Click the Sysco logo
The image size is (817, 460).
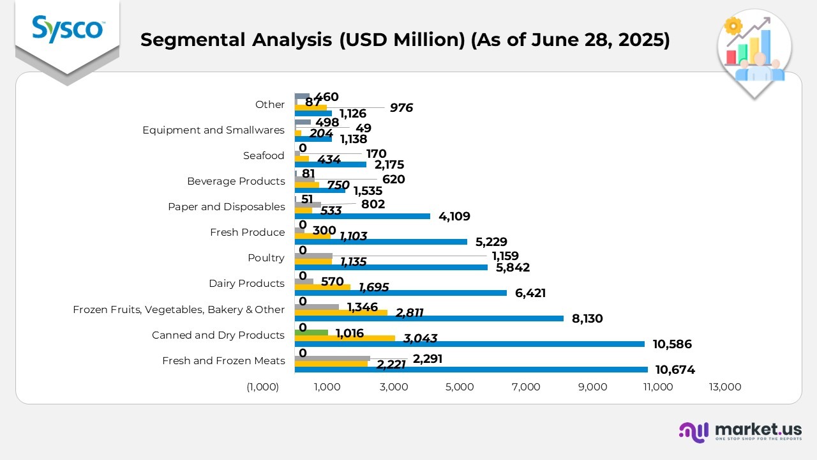[x=67, y=29]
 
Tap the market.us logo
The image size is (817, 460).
[x=740, y=432]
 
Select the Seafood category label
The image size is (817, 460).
[x=264, y=156]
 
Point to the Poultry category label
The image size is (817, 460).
[x=266, y=258]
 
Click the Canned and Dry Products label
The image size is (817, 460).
[x=218, y=335]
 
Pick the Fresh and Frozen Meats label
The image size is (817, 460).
[x=223, y=360]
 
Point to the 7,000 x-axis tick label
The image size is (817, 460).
[x=526, y=387]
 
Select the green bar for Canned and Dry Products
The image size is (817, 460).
[x=311, y=333]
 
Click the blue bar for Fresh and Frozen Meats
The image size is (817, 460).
[x=471, y=369]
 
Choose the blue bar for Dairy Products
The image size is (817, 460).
[x=400, y=293]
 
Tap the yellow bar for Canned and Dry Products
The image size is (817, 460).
[x=345, y=339]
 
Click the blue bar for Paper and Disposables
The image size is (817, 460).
[x=362, y=216]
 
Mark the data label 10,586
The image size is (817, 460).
[x=671, y=344]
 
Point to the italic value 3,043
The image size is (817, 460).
[x=420, y=339]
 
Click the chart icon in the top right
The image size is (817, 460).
[x=754, y=51]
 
